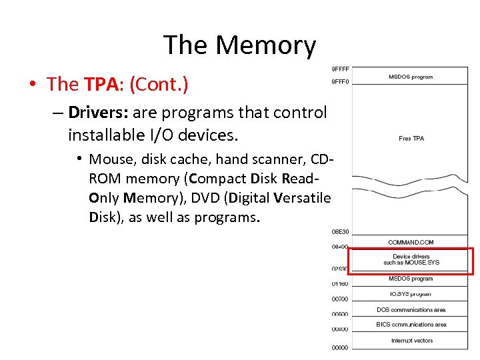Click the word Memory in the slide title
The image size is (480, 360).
[x=266, y=45]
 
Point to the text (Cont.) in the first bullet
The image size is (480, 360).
[x=159, y=85]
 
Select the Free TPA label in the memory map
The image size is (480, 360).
[x=411, y=139]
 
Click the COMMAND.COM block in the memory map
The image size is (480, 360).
[x=411, y=242]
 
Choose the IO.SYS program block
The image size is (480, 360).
[x=411, y=294]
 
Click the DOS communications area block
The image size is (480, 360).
[x=411, y=310]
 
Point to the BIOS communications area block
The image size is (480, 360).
[x=411, y=325]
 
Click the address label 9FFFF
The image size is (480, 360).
[x=340, y=69]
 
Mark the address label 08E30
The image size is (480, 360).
[x=340, y=232]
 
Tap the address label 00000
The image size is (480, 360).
[x=340, y=347]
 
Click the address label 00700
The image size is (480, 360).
[x=340, y=299]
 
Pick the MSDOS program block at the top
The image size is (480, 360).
[x=411, y=77]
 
